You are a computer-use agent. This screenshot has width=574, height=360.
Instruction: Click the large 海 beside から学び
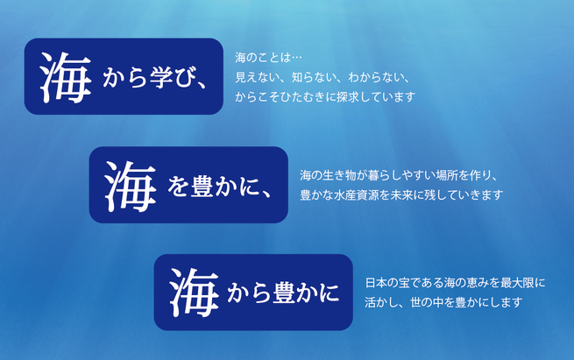point(65,77)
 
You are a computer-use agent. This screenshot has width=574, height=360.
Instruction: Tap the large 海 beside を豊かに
point(131,187)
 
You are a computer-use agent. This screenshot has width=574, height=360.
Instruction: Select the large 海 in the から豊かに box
point(194,293)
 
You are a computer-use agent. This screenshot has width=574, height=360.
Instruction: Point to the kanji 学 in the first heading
point(161,77)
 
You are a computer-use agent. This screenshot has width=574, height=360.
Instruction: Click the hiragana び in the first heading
point(185,78)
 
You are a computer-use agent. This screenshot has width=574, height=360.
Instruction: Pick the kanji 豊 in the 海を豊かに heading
point(202,187)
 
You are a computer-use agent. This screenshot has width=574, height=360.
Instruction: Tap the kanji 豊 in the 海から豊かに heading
point(284,293)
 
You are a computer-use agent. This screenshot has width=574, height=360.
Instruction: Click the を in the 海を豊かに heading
point(178,187)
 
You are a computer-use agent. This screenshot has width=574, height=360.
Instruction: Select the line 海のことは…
point(268,58)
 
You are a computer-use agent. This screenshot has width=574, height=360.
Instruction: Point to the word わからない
point(376,77)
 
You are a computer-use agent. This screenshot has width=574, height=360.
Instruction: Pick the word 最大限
point(517,283)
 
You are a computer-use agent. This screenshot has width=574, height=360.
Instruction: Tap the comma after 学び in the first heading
point(202,85)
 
